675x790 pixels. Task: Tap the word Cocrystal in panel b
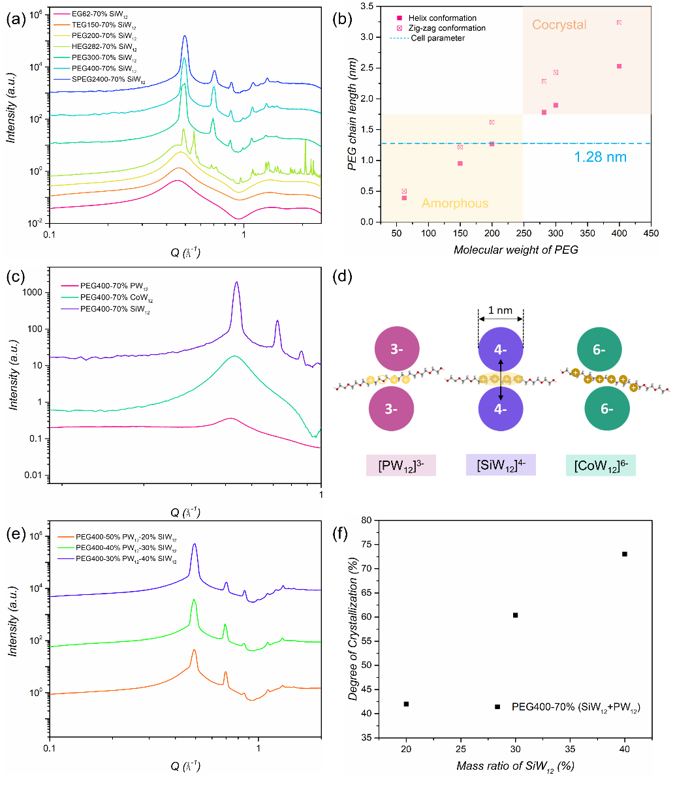[x=559, y=25]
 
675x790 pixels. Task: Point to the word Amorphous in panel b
[x=455, y=204]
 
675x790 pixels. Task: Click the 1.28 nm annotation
[x=601, y=157]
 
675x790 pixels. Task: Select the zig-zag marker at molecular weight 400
[x=619, y=23]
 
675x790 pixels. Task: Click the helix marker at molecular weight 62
[x=404, y=198]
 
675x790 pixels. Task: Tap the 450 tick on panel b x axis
[x=651, y=234]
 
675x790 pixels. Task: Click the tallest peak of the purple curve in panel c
[x=236, y=283]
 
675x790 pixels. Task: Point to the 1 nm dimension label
[x=501, y=311]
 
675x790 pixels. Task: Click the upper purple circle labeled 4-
[x=501, y=350]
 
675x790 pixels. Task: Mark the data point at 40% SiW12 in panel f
[x=625, y=554]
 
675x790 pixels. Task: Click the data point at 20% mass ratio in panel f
[x=406, y=704]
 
